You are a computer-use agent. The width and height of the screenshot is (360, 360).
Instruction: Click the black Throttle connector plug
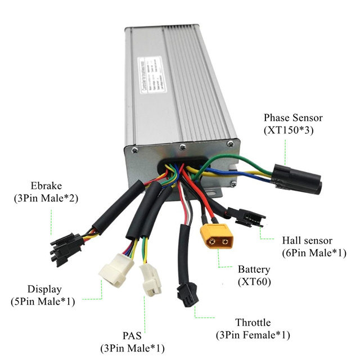pyautogui.click(x=186, y=293)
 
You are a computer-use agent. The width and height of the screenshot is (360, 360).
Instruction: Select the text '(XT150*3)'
pyautogui.click(x=294, y=130)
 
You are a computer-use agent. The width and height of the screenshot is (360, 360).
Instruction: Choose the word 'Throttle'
pyautogui.click(x=253, y=323)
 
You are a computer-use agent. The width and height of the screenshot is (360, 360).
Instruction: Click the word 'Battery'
pyautogui.click(x=254, y=269)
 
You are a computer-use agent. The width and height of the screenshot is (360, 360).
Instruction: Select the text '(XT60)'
pyautogui.click(x=254, y=281)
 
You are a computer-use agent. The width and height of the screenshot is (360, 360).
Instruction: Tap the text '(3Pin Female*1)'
pyautogui.click(x=253, y=335)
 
